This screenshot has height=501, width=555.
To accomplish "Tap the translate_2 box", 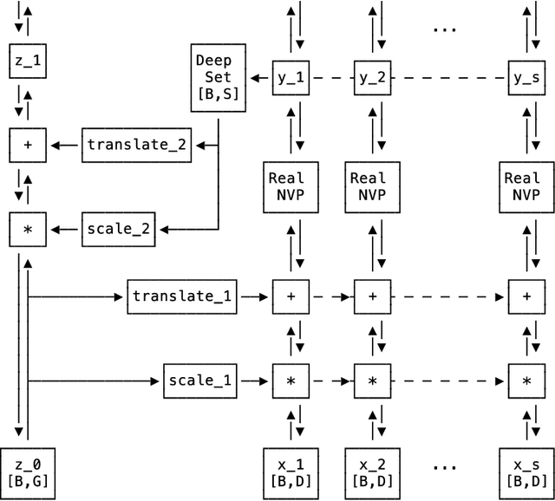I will click(x=137, y=144).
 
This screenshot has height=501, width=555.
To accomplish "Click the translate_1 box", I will click(x=183, y=296).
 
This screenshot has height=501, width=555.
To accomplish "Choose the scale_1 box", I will click(x=199, y=380).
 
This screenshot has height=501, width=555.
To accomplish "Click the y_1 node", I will click(x=291, y=77).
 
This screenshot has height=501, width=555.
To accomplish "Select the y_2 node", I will click(x=372, y=77).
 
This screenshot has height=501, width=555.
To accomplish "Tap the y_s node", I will click(x=526, y=77).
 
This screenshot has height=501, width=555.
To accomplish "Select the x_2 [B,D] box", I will click(x=372, y=472).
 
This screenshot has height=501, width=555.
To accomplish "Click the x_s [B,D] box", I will click(x=526, y=472).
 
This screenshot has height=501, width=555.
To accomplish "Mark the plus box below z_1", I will click(x=27, y=144).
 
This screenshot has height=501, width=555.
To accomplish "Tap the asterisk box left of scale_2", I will click(x=27, y=229).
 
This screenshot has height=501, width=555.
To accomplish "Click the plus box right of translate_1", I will click(x=291, y=296).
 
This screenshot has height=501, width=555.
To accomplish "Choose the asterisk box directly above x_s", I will click(x=526, y=380).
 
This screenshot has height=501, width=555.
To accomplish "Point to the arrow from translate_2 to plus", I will click(x=65, y=144).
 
